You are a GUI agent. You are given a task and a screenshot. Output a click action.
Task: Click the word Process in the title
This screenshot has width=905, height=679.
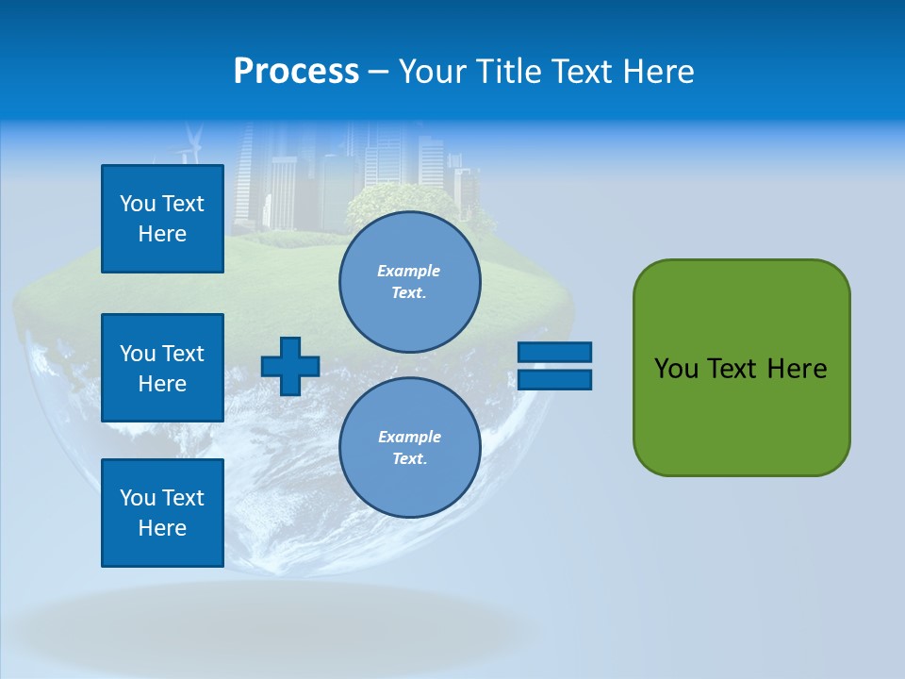coord(296,72)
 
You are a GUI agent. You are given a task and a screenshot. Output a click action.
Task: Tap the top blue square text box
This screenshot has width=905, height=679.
coord(162,219)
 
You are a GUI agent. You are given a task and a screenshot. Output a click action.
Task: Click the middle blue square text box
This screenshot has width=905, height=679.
coord(162,368)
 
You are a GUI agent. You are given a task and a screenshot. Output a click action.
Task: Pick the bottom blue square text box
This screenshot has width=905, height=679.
coord(162,513)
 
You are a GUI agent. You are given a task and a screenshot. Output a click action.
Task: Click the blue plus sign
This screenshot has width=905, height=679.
coord(290,366)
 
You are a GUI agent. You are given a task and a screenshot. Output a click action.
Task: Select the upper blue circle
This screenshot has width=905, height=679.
coord(409,281)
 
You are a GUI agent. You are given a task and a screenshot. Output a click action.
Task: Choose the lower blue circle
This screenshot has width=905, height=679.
coord(409,447)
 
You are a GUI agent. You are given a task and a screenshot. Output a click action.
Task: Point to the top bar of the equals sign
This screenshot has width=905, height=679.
coord(554,352)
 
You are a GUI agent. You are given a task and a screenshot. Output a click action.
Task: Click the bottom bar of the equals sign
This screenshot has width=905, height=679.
coord(554,379)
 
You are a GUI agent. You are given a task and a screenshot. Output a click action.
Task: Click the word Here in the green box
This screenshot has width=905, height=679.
coord(797,369)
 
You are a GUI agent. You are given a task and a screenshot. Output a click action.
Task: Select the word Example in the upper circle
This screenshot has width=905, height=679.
coord(409,271)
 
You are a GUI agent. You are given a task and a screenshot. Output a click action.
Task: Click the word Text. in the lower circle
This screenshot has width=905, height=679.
coord(409,459)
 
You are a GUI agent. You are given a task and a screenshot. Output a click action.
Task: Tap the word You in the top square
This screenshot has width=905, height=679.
coord(137,204)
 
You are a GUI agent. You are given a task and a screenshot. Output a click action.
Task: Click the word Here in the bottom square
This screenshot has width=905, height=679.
coord(162,528)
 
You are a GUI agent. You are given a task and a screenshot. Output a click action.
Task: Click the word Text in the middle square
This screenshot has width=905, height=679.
coord(183,354)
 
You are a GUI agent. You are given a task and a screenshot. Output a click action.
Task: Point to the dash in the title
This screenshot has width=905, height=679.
coord(379,72)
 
